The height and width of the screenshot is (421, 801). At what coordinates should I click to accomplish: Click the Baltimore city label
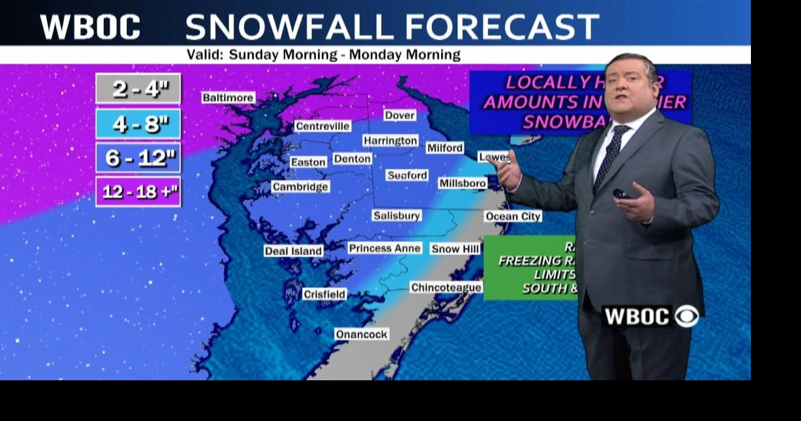(x=228, y=98)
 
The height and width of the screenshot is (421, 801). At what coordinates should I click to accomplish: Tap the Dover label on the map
(x=400, y=115)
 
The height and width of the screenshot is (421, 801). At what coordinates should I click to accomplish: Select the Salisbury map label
(x=396, y=216)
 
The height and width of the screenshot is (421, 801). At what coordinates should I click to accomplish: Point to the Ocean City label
(x=513, y=217)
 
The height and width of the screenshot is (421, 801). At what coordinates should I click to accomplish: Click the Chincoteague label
(x=446, y=288)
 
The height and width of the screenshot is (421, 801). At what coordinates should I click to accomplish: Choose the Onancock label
(x=361, y=335)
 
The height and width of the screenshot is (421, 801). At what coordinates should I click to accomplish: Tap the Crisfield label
(x=324, y=294)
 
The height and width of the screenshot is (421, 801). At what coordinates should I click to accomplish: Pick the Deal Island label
(x=293, y=251)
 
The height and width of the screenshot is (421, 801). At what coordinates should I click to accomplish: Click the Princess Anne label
(x=384, y=249)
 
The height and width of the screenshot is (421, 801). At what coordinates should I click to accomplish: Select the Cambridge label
(x=300, y=187)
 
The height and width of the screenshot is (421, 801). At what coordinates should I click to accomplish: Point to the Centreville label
(x=322, y=126)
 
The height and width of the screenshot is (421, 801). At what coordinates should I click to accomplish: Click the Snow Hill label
(x=455, y=249)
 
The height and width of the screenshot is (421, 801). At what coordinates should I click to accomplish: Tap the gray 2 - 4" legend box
(x=138, y=89)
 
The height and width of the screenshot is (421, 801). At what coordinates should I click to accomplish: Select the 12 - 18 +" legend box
(x=138, y=192)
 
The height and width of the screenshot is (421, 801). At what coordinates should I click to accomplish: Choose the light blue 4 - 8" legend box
(x=138, y=123)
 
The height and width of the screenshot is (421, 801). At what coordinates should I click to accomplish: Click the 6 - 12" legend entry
(x=138, y=158)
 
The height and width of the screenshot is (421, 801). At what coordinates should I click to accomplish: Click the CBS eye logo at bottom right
(x=686, y=316)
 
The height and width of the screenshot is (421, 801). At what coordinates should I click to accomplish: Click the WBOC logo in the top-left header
(x=90, y=27)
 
